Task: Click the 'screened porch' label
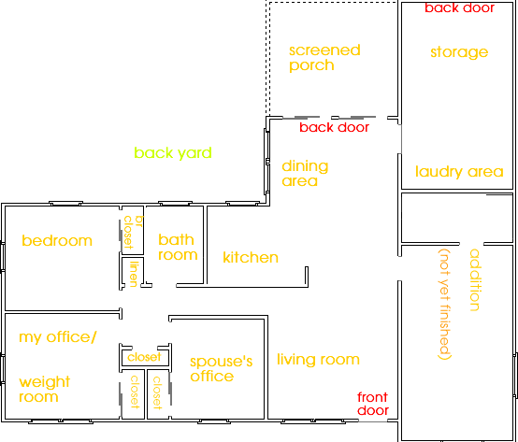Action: coord(324,58)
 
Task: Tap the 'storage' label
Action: coord(459,52)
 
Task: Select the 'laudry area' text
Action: coord(459,172)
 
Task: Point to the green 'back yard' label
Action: coord(173,153)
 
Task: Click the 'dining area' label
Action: coord(305,173)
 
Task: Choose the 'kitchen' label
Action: coord(251,258)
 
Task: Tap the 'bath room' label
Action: coord(178,248)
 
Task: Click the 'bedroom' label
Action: coord(57,241)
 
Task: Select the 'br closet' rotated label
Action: coord(133,233)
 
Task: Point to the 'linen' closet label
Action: coord(133,274)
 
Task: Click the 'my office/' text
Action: coord(58,337)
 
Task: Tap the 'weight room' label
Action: coord(45,389)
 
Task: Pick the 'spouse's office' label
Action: coord(221,369)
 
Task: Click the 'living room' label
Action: coord(318,359)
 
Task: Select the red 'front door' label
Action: coord(373,404)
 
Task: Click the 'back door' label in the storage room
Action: coord(459,7)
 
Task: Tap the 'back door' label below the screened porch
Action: coord(334,127)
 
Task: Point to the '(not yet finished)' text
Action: coord(445,304)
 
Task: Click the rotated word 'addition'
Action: coord(474,280)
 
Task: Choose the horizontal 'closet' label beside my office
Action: coord(144,357)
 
